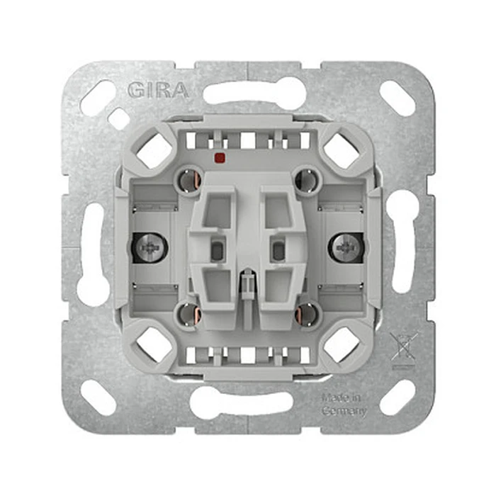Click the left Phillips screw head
(x=150, y=247)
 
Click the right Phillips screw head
(x=346, y=247)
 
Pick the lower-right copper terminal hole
(x=306, y=313)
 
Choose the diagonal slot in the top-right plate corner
(x=398, y=98)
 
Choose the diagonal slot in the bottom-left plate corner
(x=98, y=398)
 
